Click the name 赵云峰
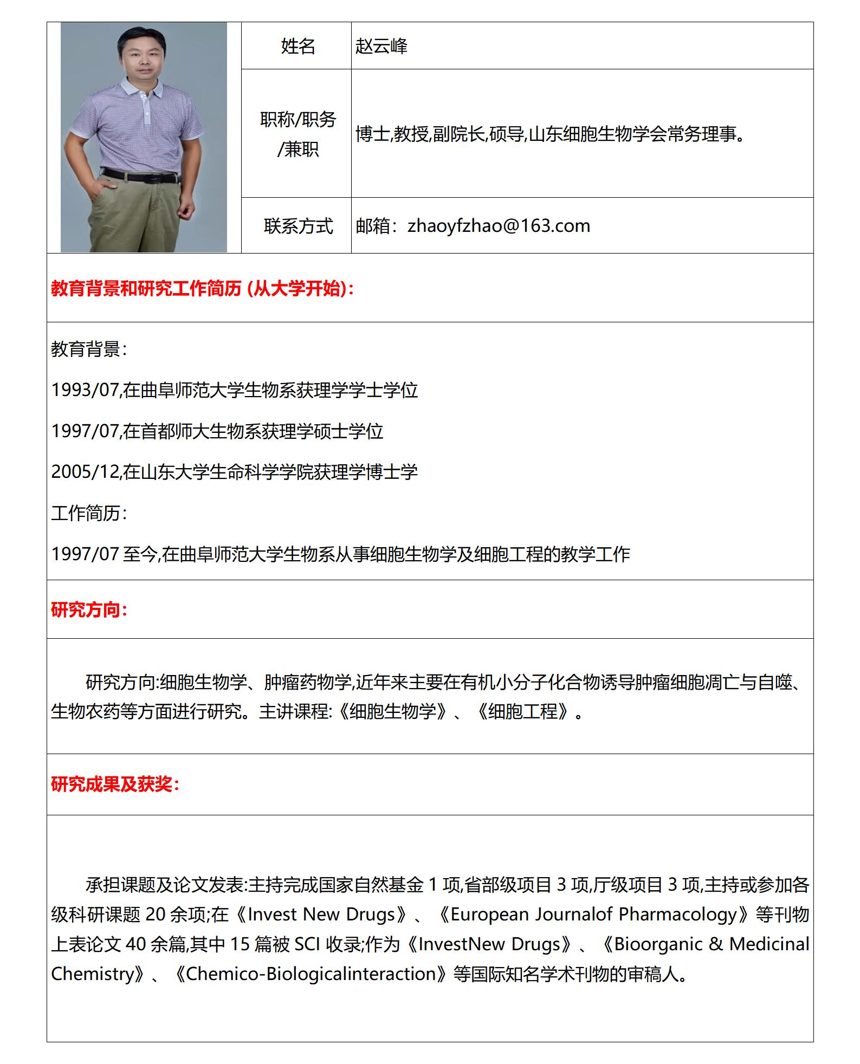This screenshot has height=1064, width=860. [x=381, y=47]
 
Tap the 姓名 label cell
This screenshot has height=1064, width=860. [x=298, y=47]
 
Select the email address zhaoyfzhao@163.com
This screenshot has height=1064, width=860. [x=499, y=226]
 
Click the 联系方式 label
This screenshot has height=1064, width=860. [x=298, y=226]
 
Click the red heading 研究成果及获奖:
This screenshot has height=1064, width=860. [x=115, y=784]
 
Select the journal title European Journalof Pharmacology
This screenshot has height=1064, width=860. [x=593, y=914]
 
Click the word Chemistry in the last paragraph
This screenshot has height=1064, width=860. [x=93, y=974]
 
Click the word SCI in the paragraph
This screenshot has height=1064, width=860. [x=307, y=944]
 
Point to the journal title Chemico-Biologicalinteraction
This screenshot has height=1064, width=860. [x=311, y=974]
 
